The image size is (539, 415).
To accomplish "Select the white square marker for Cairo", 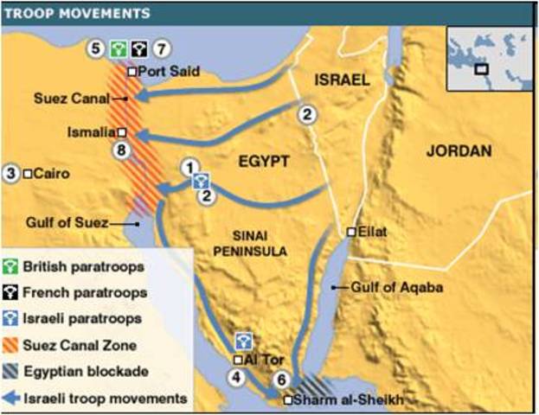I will (29, 173).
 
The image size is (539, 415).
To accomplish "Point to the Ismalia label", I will (90, 132).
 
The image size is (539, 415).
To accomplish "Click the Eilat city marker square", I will (352, 232).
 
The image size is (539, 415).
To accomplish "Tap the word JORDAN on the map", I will (459, 151).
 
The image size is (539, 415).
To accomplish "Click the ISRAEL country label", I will (342, 80).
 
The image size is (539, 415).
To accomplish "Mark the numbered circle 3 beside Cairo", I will (11, 173).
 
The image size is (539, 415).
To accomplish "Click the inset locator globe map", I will (484, 58).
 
